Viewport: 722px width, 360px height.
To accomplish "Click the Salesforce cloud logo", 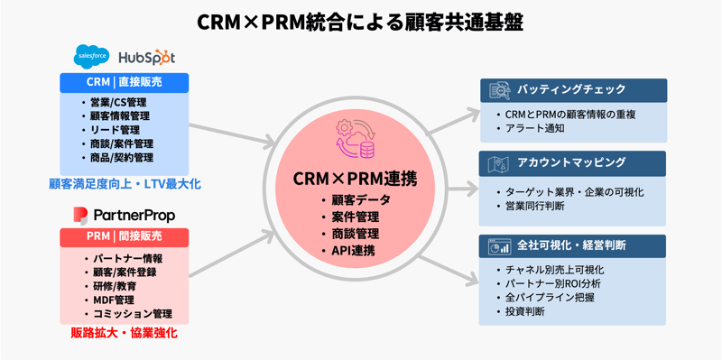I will pyautogui.click(x=91, y=56).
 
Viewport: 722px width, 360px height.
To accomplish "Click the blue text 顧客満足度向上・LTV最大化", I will pyautogui.click(x=125, y=184).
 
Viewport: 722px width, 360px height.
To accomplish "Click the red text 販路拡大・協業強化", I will pyautogui.click(x=125, y=333).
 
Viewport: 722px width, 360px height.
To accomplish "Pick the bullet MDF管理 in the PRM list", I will pyautogui.click(x=113, y=300).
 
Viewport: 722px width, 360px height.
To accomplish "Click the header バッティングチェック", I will pyautogui.click(x=570, y=90).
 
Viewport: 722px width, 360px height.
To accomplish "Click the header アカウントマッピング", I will pyautogui.click(x=570, y=163).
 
